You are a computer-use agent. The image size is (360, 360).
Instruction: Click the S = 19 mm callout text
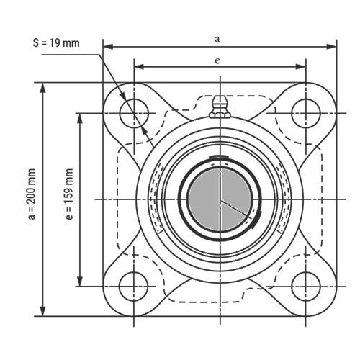(56, 43)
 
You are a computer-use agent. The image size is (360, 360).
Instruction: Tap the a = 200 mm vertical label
(32, 194)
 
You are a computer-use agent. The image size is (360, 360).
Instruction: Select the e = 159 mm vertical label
(69, 194)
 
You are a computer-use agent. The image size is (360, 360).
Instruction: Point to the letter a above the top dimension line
(217, 39)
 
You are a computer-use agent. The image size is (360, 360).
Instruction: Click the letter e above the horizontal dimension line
(217, 60)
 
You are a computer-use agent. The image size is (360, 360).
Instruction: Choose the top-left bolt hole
(134, 113)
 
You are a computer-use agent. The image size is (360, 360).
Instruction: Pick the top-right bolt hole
(306, 113)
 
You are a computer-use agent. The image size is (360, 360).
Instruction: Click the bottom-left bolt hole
(134, 287)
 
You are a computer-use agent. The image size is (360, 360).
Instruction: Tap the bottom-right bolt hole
(306, 287)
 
